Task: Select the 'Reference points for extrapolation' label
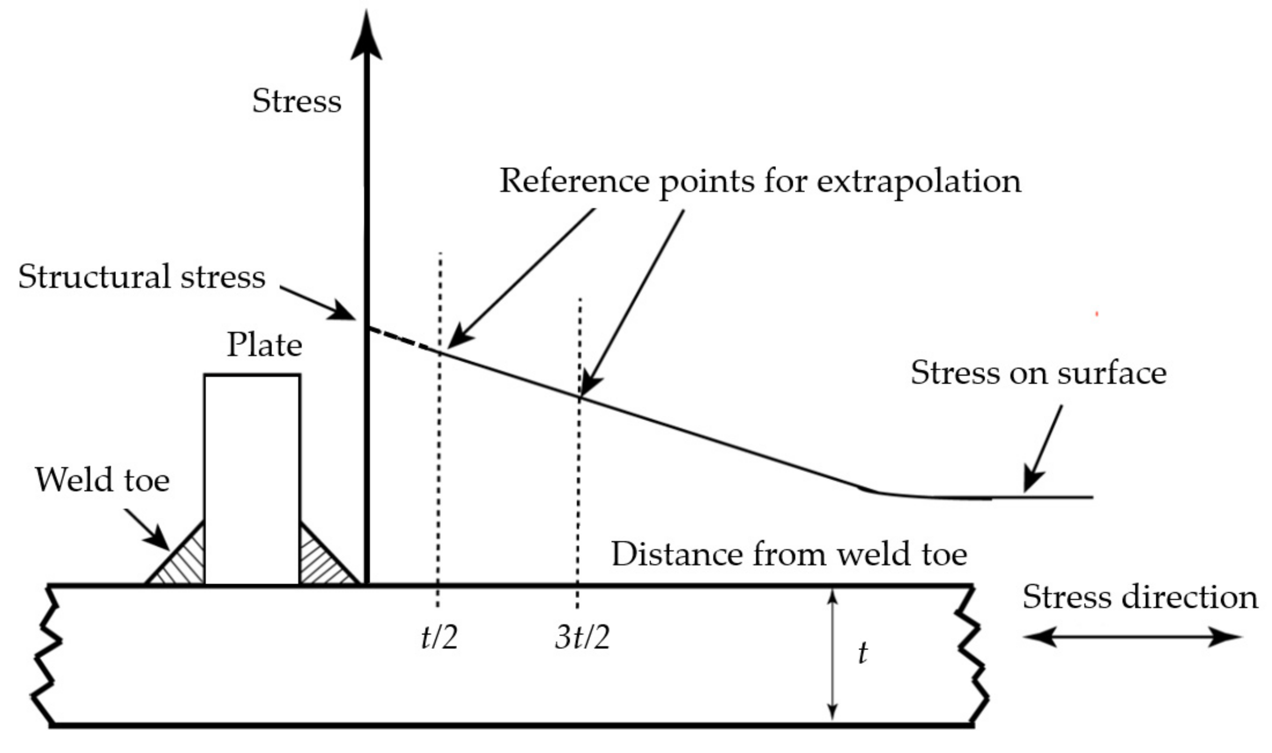click(x=760, y=181)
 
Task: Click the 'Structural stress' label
click(x=142, y=277)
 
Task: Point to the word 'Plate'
click(x=264, y=344)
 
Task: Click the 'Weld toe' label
click(x=102, y=479)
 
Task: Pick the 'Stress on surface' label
click(x=1038, y=372)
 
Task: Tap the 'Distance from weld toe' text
click(x=789, y=553)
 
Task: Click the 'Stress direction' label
click(x=1140, y=596)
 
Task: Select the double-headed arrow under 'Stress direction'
click(x=1133, y=637)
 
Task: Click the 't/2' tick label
click(x=439, y=638)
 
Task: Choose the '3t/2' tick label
click(x=582, y=638)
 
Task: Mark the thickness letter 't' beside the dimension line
click(x=862, y=653)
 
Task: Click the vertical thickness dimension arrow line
click(x=832, y=654)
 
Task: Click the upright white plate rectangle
click(x=252, y=477)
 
